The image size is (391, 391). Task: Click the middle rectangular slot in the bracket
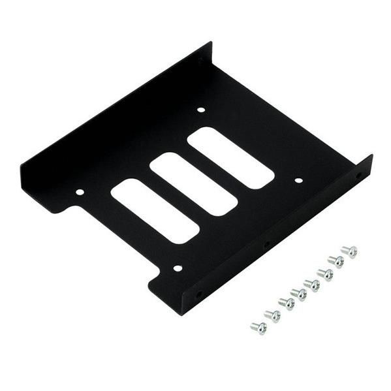coord(193,184)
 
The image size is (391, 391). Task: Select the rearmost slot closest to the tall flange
coord(230,158)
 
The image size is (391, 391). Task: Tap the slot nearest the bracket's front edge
coord(155,211)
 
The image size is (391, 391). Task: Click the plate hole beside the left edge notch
coord(80,193)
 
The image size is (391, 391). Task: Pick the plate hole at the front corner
coord(177,268)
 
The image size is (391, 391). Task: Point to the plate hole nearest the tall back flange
coord(201,110)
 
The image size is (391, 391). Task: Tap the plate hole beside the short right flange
coord(298,181)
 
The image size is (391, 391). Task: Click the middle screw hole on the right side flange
coord(266,246)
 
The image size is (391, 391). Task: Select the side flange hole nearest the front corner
coord(199,294)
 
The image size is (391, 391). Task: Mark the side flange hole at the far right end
coord(358,176)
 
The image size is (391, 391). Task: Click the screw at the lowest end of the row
coord(259,328)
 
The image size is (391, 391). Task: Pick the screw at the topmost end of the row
coord(350,251)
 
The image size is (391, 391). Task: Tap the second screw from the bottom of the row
coord(273,316)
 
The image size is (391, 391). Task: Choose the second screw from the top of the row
coord(336,261)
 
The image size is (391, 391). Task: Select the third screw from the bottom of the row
coord(286,304)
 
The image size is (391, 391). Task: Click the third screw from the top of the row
coord(325,274)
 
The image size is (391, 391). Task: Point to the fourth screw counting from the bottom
coord(300,294)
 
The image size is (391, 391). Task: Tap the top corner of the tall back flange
coord(210,43)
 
